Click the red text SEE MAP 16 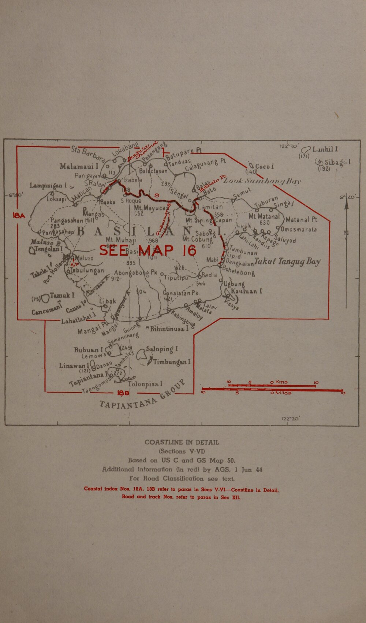[x=148, y=251]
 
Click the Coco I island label [x=265, y=166]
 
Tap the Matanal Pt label [x=302, y=220]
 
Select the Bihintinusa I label [x=168, y=328]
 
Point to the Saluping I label [x=162, y=349]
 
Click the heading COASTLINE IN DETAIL [x=182, y=442]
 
